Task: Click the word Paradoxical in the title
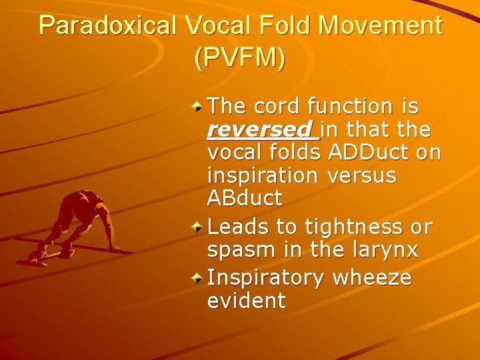[x=106, y=26]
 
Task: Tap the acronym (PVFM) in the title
[x=240, y=58]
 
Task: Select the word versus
[x=362, y=176]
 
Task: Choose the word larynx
[x=387, y=250]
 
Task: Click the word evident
[x=246, y=301]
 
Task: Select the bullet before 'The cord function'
[x=197, y=105]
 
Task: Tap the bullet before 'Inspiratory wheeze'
[x=197, y=277]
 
